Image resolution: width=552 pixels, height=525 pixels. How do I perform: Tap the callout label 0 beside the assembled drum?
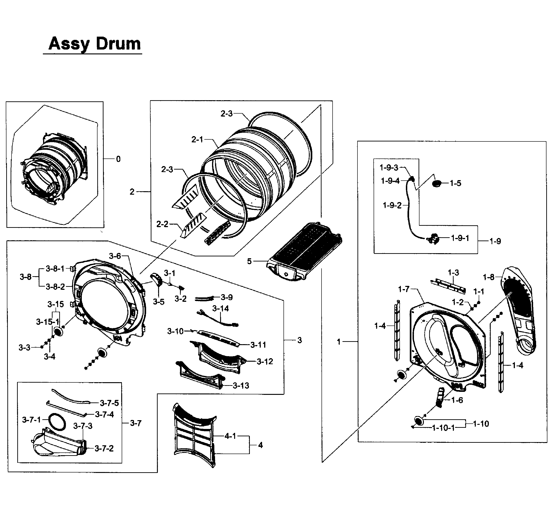118,159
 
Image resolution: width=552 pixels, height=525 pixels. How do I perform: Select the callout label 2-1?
197,139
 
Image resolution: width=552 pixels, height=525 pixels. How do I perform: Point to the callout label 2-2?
162,224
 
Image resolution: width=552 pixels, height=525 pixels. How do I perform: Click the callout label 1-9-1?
460,238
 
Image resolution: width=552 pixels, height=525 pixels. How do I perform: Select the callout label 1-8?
488,277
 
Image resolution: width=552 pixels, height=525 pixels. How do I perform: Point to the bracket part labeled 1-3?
448,286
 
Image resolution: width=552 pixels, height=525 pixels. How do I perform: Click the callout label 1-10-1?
443,428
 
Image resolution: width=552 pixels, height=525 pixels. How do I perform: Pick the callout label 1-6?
457,400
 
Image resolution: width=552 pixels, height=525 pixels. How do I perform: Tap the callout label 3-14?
220,308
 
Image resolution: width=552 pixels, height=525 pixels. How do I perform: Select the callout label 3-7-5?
109,403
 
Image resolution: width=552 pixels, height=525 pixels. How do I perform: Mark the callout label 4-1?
230,436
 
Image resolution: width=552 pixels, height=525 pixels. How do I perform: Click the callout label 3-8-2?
55,287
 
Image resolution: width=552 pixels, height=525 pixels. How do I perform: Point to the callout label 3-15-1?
47,322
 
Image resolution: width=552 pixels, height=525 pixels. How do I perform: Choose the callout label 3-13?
241,386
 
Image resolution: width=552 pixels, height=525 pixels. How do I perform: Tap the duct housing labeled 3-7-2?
56,445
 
